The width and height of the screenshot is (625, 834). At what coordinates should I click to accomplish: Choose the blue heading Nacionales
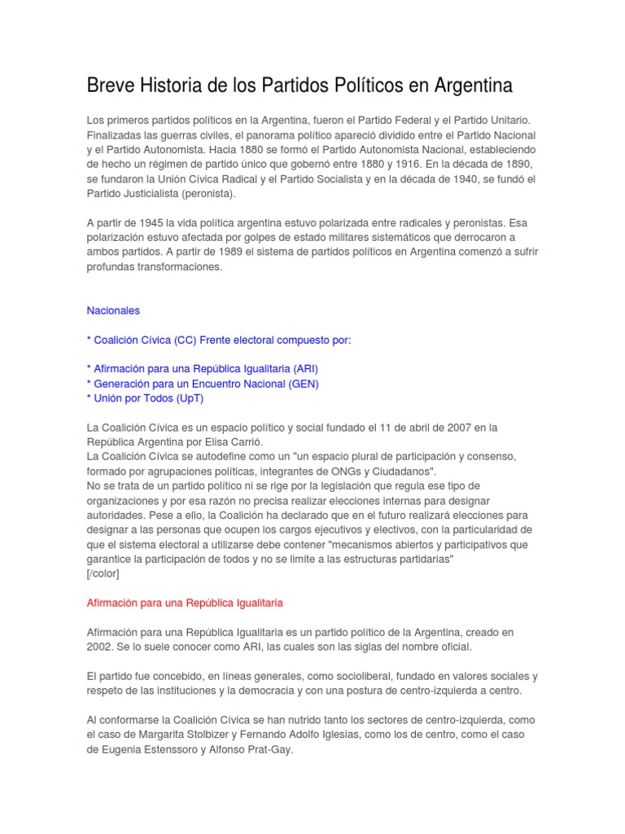point(113,310)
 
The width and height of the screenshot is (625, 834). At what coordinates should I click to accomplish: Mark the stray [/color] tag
point(103,573)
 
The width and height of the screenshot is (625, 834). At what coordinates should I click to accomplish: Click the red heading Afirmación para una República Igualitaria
point(185,603)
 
